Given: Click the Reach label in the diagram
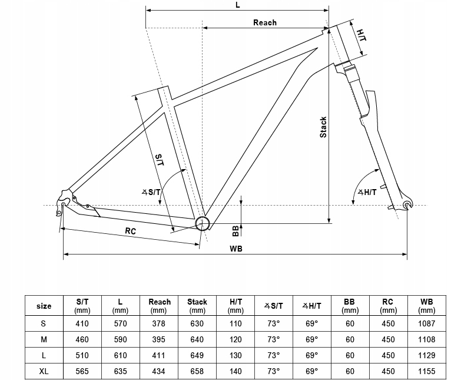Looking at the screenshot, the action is [x=264, y=22].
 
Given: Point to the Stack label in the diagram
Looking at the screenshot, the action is [x=323, y=127].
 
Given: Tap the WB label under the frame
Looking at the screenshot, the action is [x=236, y=249].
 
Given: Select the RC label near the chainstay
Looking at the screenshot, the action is [x=130, y=231].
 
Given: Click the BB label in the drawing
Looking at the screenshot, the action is [x=235, y=231].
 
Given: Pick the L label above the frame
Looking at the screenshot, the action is [x=238, y=5].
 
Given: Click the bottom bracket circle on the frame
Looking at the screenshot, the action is [x=202, y=223].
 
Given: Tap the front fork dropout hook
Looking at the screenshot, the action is [x=407, y=204].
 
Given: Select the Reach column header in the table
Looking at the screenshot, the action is [x=159, y=306].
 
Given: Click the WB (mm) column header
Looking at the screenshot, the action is [x=426, y=306].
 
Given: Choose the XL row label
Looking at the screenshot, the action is [x=44, y=371].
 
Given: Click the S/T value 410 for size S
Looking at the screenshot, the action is [x=82, y=323].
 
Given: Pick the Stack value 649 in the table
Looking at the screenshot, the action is [x=197, y=355].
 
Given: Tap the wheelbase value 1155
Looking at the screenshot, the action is [x=426, y=371].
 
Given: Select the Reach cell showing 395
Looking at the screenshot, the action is [x=158, y=339].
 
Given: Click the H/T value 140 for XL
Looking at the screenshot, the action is [x=235, y=371].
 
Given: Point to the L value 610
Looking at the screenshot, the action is [x=120, y=355].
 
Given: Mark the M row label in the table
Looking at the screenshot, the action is [x=44, y=339].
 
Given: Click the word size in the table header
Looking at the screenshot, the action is [x=44, y=306].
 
